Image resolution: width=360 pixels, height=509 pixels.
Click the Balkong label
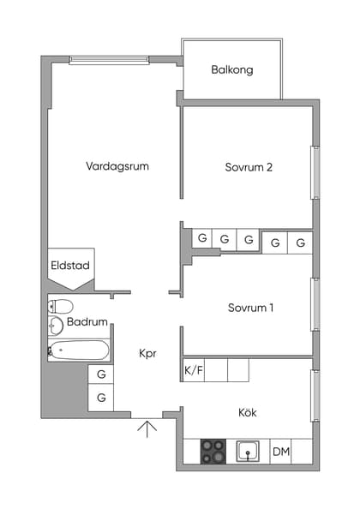tap(232, 70)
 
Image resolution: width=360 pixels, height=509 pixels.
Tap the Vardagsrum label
tap(117, 166)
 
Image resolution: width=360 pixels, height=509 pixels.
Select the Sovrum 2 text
tap(249, 168)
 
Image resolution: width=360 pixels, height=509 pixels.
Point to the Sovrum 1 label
tap(250, 308)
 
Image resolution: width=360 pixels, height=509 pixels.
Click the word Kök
tap(247, 413)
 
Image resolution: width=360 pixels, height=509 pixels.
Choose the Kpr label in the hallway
tap(147, 353)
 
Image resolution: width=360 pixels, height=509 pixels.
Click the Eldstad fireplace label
tap(70, 266)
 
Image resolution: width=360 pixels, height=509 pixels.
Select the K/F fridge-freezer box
tap(194, 370)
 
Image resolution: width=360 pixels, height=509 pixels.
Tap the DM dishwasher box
tap(280, 452)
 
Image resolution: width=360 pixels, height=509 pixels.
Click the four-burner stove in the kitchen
tap(213, 452)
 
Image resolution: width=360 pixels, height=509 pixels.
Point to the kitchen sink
tap(249, 452)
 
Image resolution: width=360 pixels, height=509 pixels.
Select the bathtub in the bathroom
tap(79, 350)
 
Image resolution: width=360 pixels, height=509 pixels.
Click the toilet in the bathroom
tap(61, 306)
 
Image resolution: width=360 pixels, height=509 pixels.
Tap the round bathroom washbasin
tap(56, 325)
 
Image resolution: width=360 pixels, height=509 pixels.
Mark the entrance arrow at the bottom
tap(147, 428)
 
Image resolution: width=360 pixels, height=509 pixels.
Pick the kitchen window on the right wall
tap(315, 395)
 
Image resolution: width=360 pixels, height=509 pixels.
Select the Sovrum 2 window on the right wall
tap(315, 173)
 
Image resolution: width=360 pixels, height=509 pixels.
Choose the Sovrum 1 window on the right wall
tap(315, 304)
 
